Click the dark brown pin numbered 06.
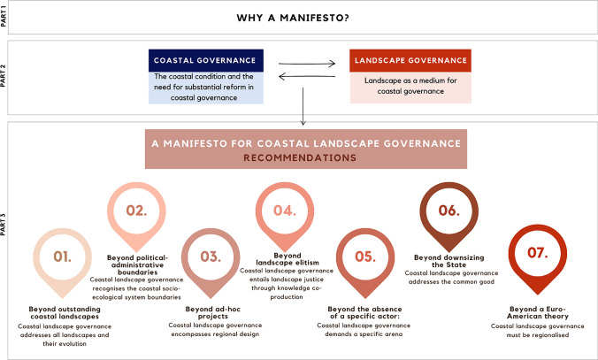[x=448, y=211]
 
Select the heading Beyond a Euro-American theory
[x=537, y=313]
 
